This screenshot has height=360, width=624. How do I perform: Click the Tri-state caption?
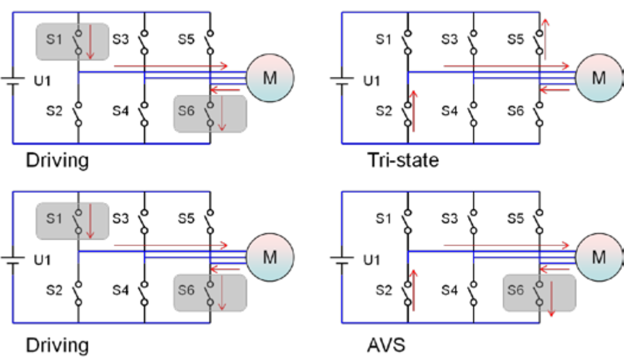(x=403, y=161)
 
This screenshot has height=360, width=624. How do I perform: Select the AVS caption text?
(x=386, y=345)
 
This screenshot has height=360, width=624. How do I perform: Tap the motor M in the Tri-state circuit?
(x=598, y=77)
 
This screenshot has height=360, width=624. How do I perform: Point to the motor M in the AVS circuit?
(x=598, y=256)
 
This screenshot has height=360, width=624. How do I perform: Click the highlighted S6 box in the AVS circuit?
(x=539, y=292)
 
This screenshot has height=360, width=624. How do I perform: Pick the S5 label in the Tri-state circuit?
(x=516, y=40)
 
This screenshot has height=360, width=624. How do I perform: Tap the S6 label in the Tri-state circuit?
(x=516, y=111)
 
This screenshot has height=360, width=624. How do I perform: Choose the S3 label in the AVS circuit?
(x=450, y=219)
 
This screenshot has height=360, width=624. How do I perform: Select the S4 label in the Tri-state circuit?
(x=450, y=111)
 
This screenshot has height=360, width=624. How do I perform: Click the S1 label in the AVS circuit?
(x=384, y=219)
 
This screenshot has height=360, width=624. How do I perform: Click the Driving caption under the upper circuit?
(x=57, y=161)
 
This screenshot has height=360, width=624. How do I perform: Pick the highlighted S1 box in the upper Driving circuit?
(x=72, y=42)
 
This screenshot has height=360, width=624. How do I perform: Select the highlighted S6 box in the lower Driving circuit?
(x=210, y=292)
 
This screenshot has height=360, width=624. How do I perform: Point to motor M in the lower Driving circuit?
(x=270, y=256)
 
